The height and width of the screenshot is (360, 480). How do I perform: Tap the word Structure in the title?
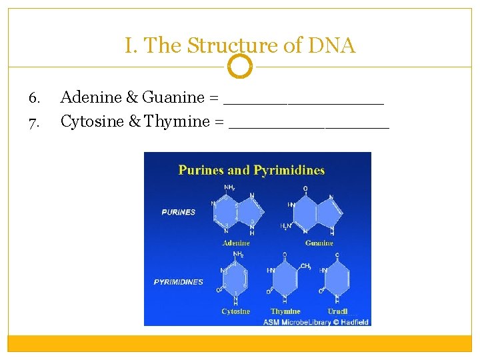217,46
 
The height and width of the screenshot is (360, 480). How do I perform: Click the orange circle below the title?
240,66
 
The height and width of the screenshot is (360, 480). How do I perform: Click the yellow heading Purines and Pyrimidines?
251,170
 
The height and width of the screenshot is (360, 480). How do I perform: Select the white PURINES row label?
178,212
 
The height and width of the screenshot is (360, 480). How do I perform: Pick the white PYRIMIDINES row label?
178,282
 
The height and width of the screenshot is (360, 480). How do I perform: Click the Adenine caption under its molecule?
236,243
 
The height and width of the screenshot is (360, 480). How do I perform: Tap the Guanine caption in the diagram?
319,243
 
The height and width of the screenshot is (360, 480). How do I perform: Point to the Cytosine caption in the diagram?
235,311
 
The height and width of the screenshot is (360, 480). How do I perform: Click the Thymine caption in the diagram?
285,311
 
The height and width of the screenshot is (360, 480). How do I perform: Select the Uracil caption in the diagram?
337,311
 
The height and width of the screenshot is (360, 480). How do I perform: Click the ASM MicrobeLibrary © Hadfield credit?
316,322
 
